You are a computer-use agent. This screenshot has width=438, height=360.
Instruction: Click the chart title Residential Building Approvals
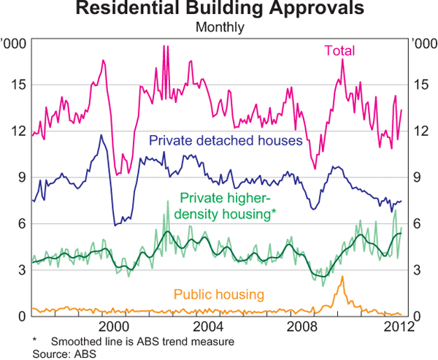[219, 9]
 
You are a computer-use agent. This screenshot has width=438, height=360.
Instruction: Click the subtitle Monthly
[219, 28]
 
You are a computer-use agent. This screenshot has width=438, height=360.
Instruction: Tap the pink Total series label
[339, 51]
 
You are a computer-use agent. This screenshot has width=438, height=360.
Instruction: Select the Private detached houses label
[226, 140]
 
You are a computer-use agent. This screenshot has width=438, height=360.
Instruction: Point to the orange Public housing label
[219, 294]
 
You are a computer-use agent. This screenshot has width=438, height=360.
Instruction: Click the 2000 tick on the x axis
[114, 325]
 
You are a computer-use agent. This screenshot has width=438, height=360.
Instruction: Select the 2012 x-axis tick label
[394, 325]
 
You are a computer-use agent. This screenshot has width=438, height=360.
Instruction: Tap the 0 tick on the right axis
[417, 316]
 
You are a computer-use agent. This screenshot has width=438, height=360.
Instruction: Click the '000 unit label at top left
[15, 44]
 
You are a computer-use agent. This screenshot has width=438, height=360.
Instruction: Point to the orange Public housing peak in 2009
[342, 277]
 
